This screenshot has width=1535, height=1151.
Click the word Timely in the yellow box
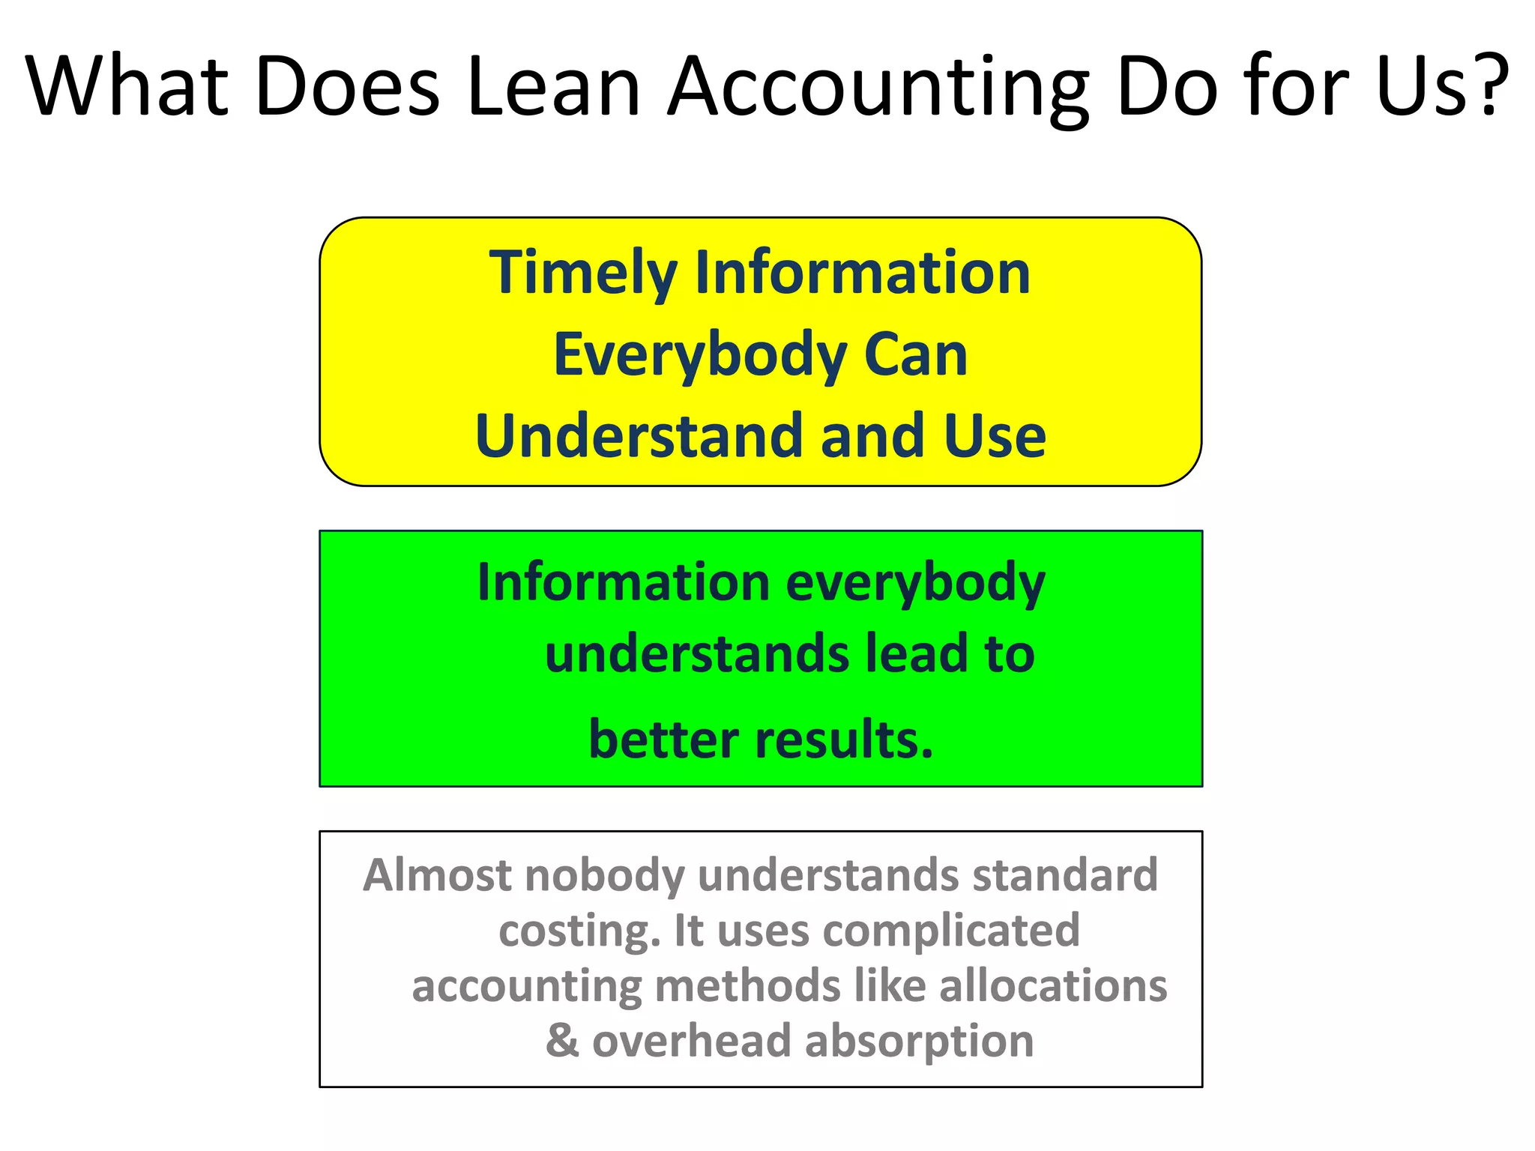click(583, 275)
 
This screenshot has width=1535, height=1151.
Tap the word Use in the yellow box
click(995, 436)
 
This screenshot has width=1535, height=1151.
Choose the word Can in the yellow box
click(915, 355)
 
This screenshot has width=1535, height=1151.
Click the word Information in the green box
click(624, 582)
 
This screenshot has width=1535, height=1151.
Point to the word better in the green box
click(663, 740)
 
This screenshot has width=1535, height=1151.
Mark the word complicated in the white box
click(951, 931)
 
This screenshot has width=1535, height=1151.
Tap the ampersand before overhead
click(562, 1041)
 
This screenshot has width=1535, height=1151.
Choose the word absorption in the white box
click(919, 1042)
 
